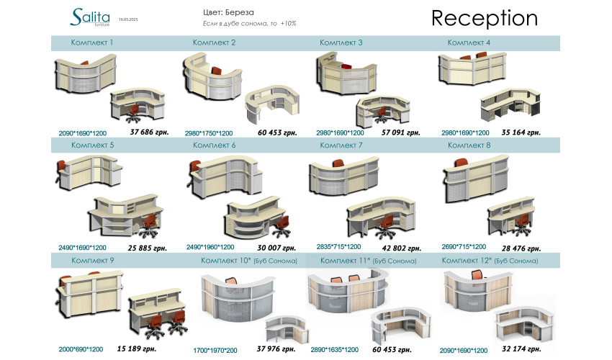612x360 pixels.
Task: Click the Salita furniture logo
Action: pos(91,17)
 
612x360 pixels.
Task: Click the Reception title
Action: pos(484,19)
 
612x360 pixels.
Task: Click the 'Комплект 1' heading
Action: pos(92,43)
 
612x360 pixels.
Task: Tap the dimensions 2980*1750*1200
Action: pos(209,133)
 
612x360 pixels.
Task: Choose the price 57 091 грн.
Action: pos(401,132)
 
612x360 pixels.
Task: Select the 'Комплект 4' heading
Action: pos(469,43)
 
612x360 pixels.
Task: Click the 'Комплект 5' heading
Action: pos(92,145)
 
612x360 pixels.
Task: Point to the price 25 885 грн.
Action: pos(148,248)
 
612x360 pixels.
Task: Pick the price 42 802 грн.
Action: pos(402,248)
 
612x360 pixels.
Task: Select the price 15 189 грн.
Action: pos(137,349)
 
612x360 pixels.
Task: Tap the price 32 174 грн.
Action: pos(521,349)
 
